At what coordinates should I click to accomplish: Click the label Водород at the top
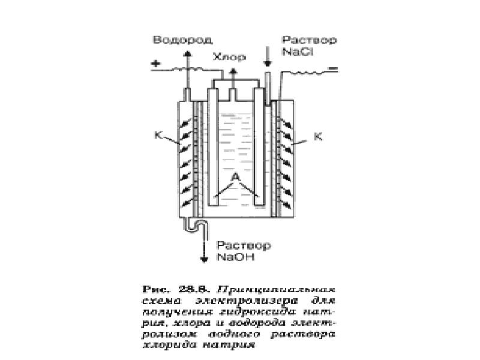(174, 40)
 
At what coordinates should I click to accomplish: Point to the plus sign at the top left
(157, 64)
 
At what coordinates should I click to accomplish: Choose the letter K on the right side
(318, 136)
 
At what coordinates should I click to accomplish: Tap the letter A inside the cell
(236, 177)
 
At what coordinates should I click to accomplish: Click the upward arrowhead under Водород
(187, 53)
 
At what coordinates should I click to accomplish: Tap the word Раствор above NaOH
(244, 246)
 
